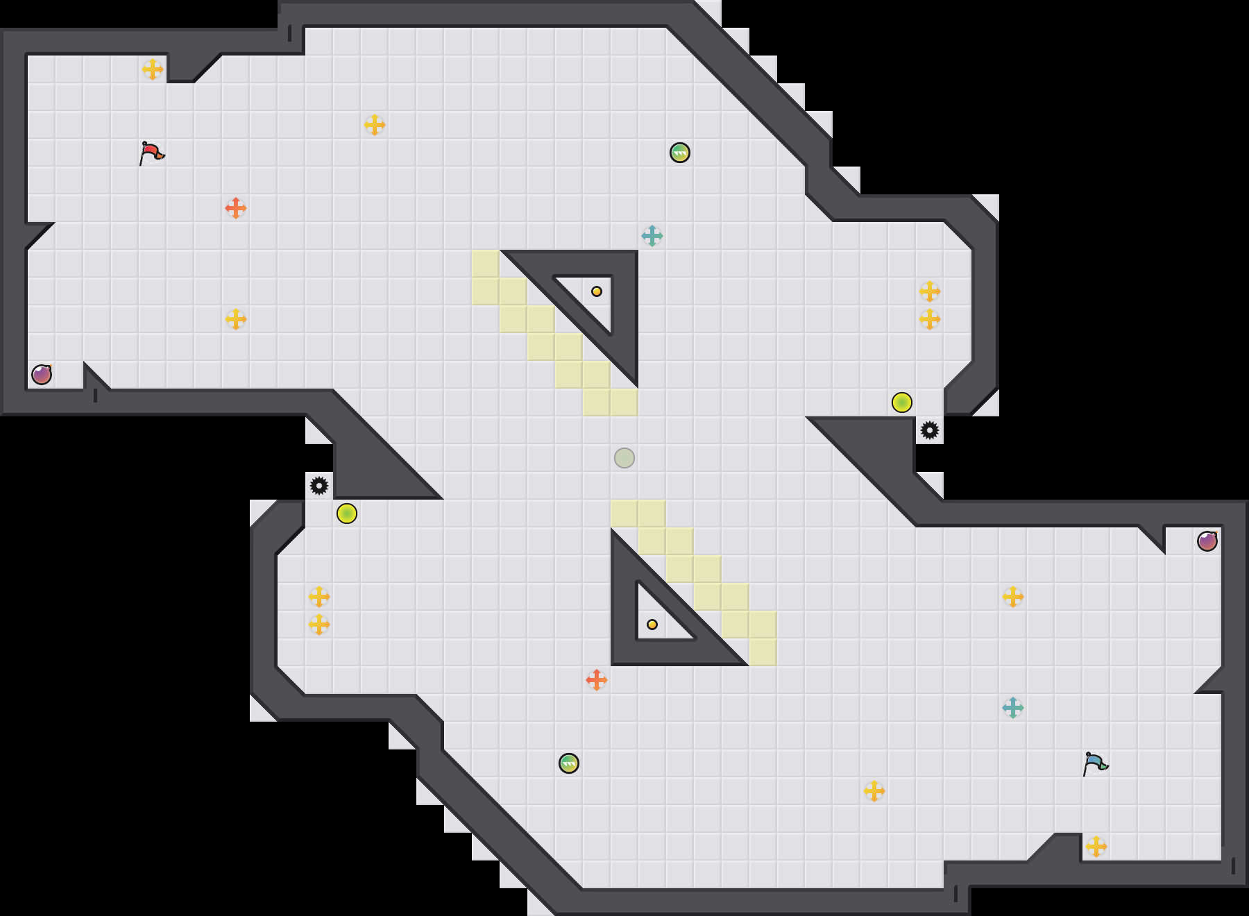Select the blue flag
point(1096,763)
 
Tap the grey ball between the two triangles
point(624,458)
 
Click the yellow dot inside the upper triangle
point(597,291)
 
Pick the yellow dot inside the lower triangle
point(652,625)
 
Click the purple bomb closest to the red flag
point(42,375)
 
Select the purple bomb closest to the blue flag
point(1207,541)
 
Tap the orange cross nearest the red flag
point(236,208)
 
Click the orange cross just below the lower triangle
point(597,680)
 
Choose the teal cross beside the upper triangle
point(652,236)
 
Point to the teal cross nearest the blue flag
point(1013,708)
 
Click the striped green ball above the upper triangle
point(680,153)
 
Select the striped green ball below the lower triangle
point(569,763)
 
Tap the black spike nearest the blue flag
point(930,430)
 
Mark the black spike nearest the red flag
point(319,486)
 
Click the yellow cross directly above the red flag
point(153,69)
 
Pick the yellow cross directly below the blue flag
point(1096,847)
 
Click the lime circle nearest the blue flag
point(902,402)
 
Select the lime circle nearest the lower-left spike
point(347,514)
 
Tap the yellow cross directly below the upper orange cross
point(236,319)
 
